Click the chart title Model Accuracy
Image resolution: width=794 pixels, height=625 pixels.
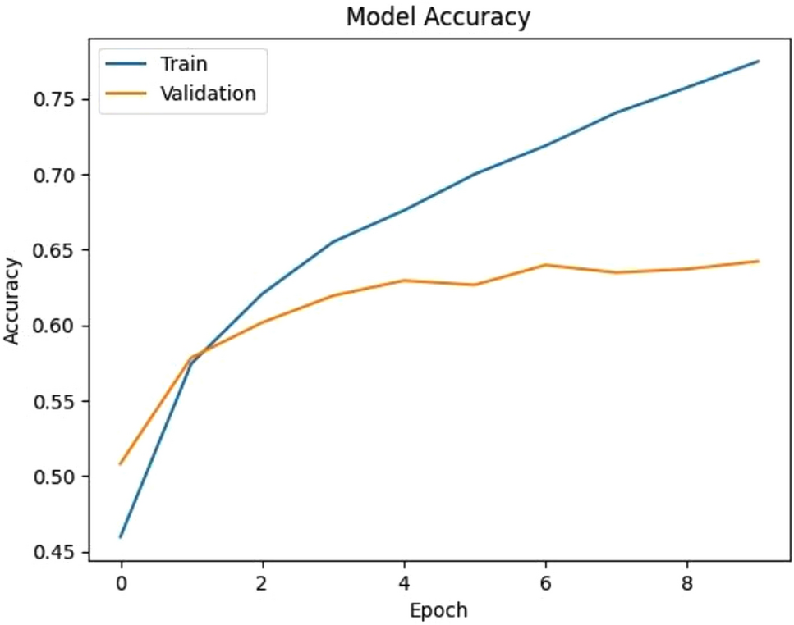pyautogui.click(x=438, y=16)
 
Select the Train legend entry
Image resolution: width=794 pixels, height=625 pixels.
pyautogui.click(x=183, y=63)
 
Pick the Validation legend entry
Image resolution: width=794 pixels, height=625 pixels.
pyautogui.click(x=208, y=94)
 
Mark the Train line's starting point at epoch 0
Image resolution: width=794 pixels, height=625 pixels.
pyautogui.click(x=122, y=537)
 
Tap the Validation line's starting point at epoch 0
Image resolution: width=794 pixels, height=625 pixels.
pyautogui.click(x=122, y=464)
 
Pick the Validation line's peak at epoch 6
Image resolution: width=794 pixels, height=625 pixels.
pyautogui.click(x=546, y=265)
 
